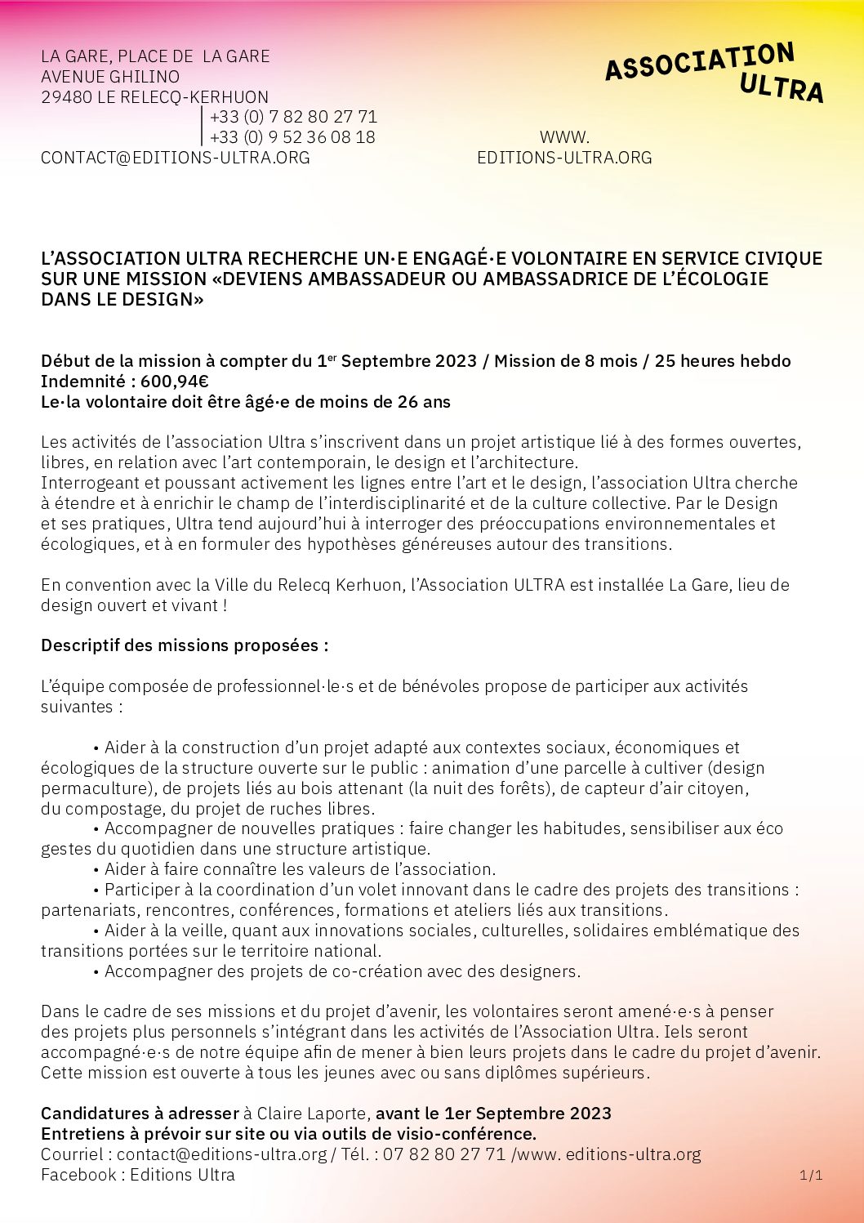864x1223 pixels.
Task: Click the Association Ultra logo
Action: (715, 73)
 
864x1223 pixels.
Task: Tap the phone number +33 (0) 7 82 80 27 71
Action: (293, 117)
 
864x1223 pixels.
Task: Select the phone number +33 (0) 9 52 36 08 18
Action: (292, 137)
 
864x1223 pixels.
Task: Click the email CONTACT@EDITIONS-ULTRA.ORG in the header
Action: (176, 158)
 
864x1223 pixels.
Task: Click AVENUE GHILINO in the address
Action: (110, 77)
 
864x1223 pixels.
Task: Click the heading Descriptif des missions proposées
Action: (185, 645)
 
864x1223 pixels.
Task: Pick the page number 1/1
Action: (811, 1175)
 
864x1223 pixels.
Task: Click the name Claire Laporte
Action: (313, 1114)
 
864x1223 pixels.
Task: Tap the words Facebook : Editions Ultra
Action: (138, 1175)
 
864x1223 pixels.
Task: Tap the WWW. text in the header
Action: (564, 137)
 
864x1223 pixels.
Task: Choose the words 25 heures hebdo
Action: (723, 361)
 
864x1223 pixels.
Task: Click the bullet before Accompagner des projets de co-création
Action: (96, 971)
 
